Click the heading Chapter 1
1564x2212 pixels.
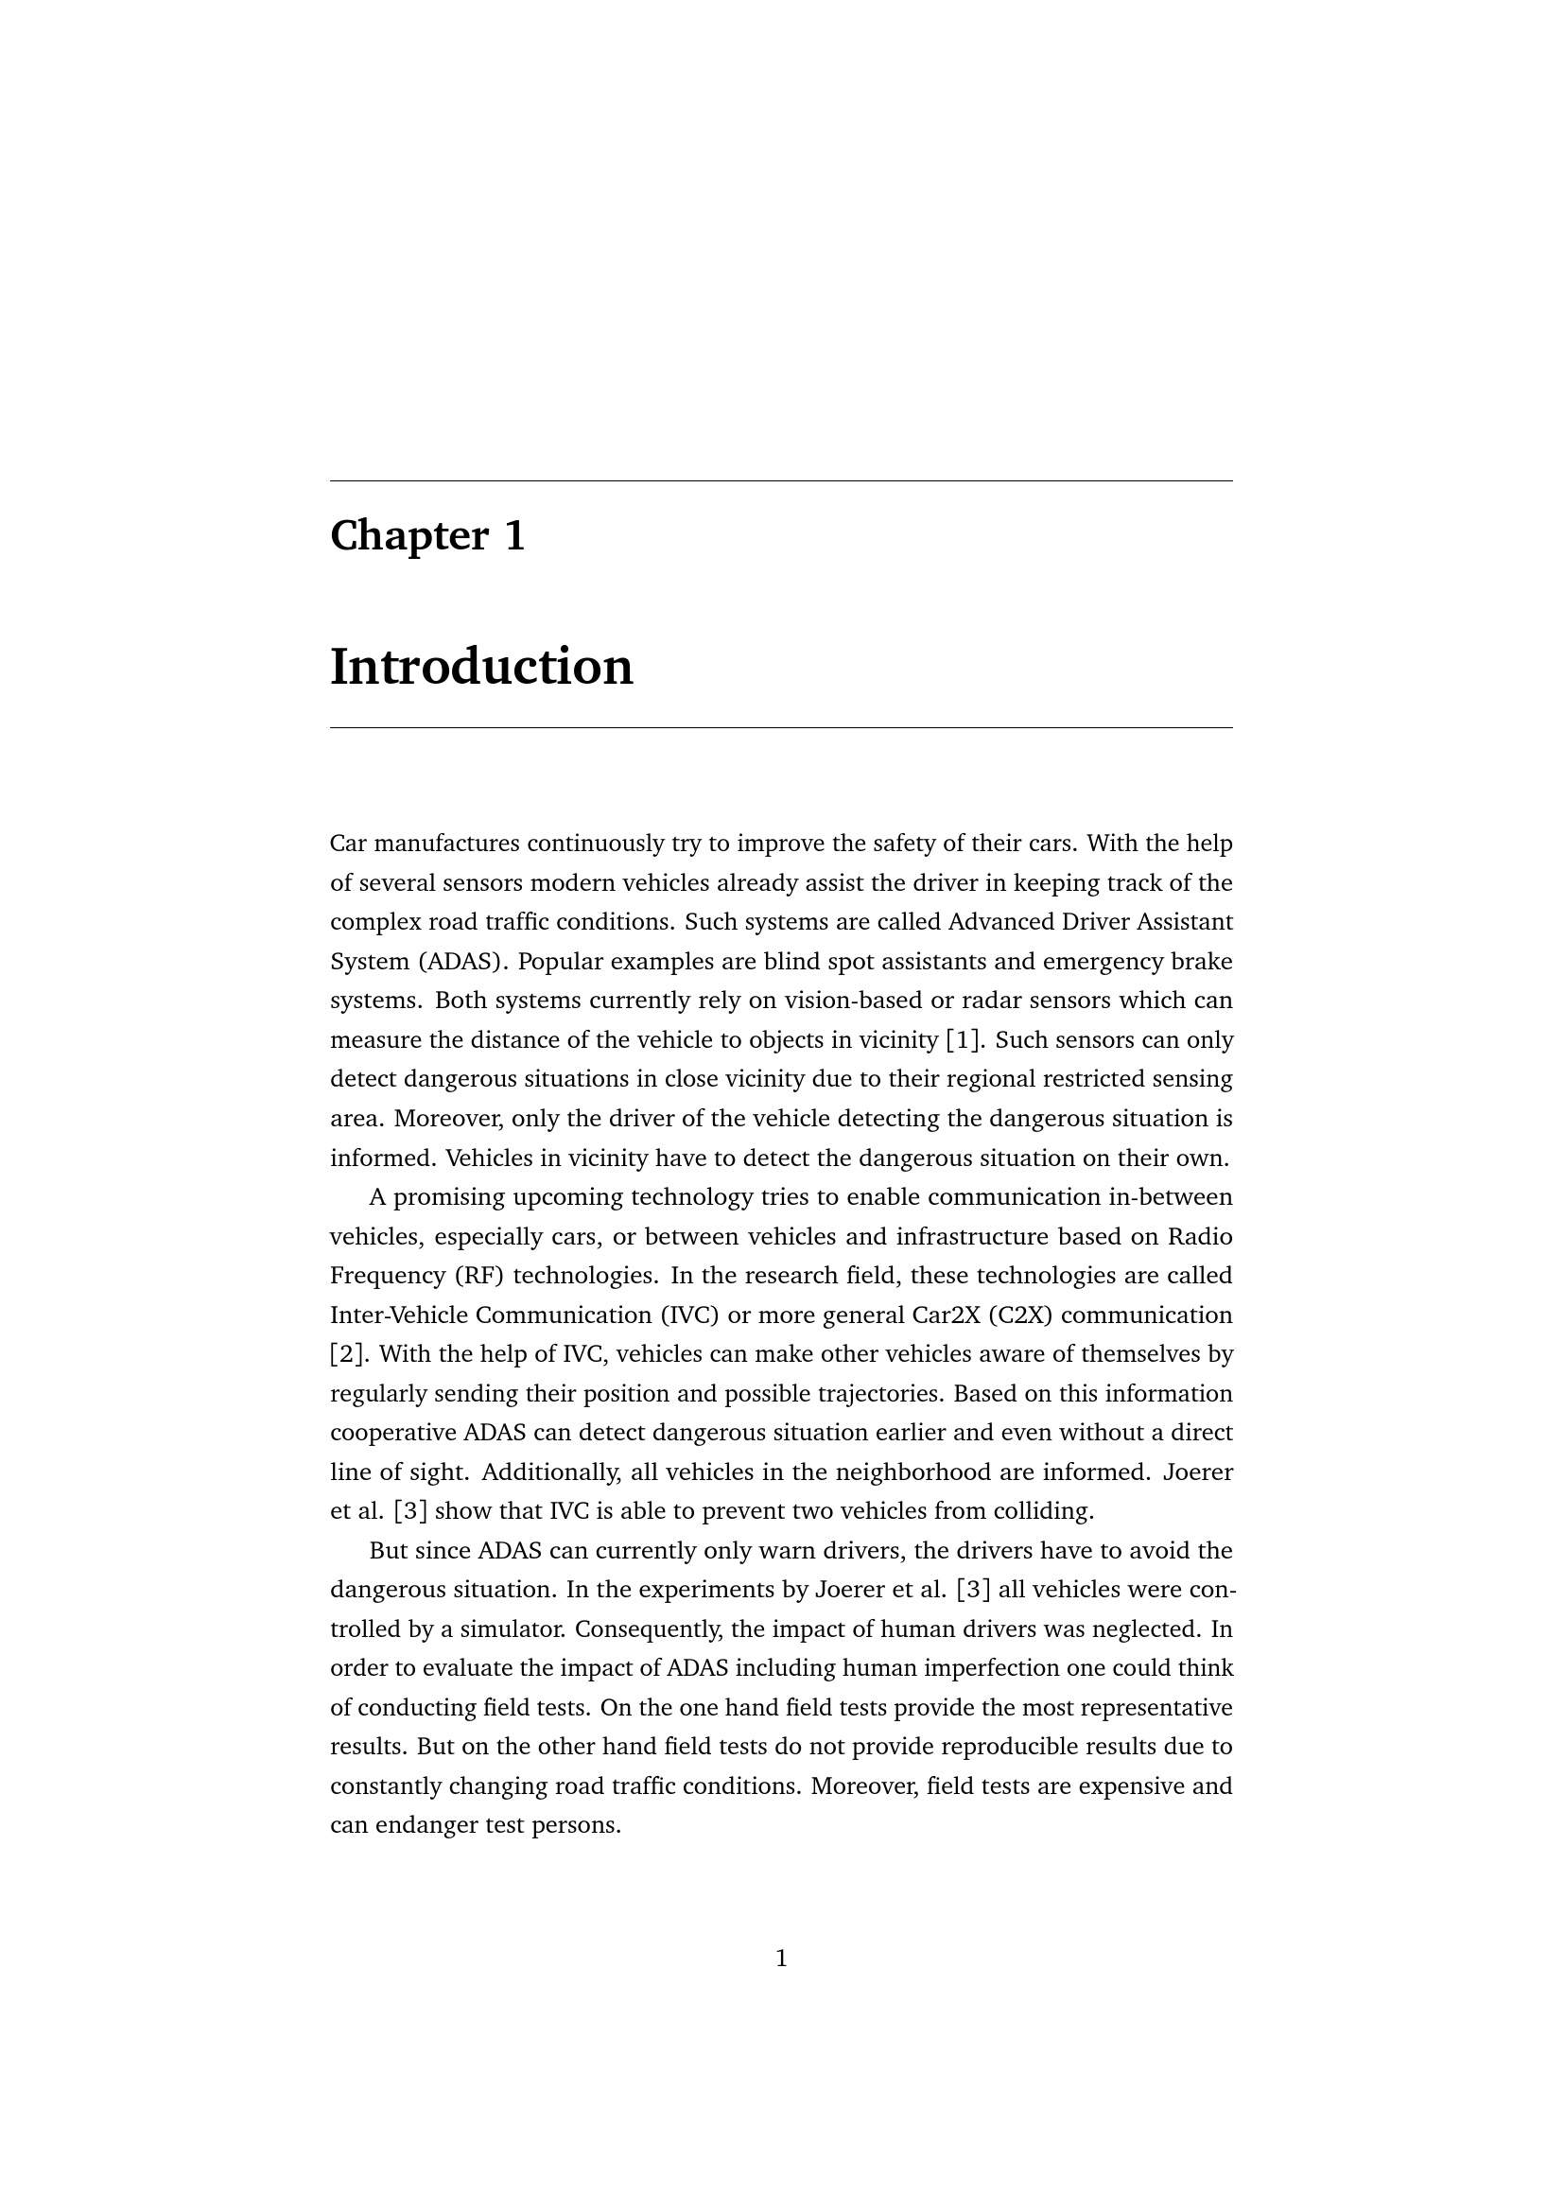(427, 535)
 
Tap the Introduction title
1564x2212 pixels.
(481, 667)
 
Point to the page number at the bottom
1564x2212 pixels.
(781, 1958)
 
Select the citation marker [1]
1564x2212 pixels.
(963, 1040)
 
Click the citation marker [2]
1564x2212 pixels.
(347, 1354)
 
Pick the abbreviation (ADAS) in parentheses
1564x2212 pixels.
(463, 962)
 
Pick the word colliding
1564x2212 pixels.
(1047, 1511)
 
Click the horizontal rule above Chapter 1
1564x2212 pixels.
(781, 480)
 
